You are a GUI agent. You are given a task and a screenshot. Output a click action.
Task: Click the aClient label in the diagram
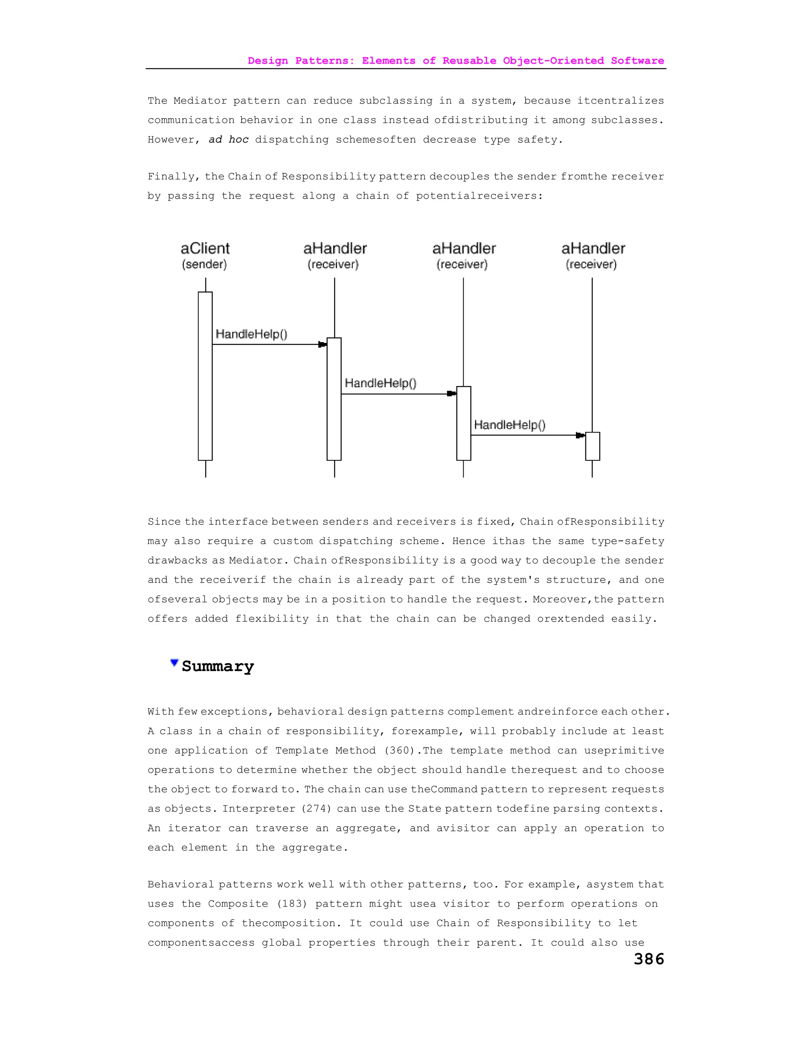tap(205, 249)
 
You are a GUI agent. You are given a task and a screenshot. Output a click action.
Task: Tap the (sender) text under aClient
tap(204, 265)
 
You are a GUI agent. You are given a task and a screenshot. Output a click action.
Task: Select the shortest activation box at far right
tap(592, 446)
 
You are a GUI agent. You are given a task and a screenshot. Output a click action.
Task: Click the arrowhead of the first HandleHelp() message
tap(322, 344)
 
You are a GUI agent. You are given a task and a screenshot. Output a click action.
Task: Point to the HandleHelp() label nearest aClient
tap(252, 334)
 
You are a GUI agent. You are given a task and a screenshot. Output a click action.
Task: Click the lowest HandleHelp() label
tap(509, 425)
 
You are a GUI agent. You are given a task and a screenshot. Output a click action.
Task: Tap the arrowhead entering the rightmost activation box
tap(580, 435)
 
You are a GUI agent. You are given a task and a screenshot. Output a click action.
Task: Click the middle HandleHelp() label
tap(380, 383)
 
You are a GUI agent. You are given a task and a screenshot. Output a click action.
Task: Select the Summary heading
tap(218, 666)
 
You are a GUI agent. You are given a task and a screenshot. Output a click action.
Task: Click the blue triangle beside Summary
tap(174, 663)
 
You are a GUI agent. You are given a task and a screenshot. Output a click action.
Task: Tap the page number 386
tap(649, 959)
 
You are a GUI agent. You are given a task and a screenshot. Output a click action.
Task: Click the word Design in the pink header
tap(268, 61)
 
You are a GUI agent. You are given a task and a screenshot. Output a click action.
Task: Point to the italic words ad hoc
tap(229, 140)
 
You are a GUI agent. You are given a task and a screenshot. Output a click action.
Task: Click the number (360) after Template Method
tap(399, 751)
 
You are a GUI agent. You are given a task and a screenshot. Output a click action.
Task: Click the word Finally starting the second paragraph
tap(173, 177)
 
